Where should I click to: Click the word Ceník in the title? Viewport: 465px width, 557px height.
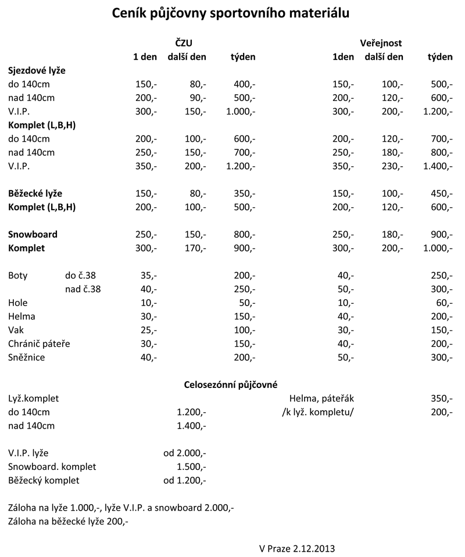131,13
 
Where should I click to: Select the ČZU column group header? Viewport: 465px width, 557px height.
184,43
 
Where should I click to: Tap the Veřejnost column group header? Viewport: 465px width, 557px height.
381,43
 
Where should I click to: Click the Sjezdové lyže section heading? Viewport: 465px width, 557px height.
37,70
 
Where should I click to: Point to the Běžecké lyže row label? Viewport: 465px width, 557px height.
35,193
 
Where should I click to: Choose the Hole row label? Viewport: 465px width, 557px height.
18,303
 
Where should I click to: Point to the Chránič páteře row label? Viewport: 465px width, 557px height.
39,344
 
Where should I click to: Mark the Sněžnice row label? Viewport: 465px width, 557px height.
27,357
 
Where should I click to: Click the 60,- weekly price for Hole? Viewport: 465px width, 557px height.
443,303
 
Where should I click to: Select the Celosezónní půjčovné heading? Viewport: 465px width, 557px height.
231,384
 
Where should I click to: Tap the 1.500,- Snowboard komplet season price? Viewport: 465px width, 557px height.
191,467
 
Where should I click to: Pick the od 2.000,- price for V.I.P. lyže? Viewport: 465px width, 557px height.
185,453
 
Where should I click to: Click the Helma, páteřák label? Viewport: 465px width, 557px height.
321,398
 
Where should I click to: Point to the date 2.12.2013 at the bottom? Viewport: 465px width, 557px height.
314,548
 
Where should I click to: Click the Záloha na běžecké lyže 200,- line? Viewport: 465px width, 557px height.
69,522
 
